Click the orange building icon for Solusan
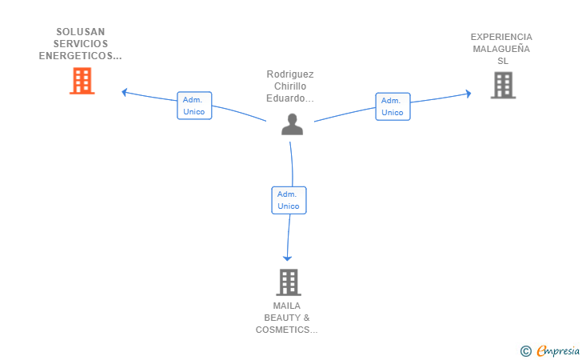[82, 81]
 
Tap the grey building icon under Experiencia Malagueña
[504, 85]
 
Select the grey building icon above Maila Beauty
[289, 282]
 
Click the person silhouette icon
[292, 124]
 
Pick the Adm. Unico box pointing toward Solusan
[194, 106]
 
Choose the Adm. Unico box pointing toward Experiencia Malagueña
[393, 106]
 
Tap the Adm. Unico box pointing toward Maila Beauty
[289, 200]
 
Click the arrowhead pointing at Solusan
[125, 92]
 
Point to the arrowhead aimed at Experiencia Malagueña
[468, 94]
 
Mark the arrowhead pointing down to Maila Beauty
[287, 258]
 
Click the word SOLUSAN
[81, 32]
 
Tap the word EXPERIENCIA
[501, 37]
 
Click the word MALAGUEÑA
[501, 49]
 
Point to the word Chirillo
[290, 86]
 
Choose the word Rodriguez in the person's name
[290, 74]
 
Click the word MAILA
[287, 306]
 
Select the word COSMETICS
[282, 330]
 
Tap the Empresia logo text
[558, 351]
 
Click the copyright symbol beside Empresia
[526, 351]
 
